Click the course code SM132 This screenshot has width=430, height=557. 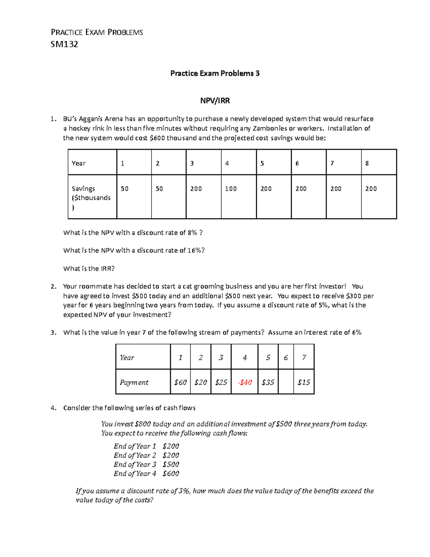tap(64, 44)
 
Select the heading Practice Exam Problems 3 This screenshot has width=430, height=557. tap(215, 74)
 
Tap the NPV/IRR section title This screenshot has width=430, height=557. tap(215, 101)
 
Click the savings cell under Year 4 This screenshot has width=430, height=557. tap(231, 189)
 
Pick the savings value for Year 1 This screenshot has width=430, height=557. tap(124, 189)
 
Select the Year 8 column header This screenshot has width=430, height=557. tap(367, 164)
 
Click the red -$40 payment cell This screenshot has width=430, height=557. tap(245, 382)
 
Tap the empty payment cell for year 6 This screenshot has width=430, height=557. tap(286, 382)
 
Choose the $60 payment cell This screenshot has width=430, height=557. tap(180, 382)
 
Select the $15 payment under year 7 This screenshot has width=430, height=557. tap(304, 382)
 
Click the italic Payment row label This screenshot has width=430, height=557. tap(134, 382)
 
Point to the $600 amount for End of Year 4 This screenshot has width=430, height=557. tap(171, 473)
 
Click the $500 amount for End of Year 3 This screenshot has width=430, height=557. tap(171, 464)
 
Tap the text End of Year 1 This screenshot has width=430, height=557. tap(135, 446)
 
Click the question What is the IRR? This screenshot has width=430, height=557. tap(89, 269)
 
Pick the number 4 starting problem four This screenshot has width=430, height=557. tap(53, 408)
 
